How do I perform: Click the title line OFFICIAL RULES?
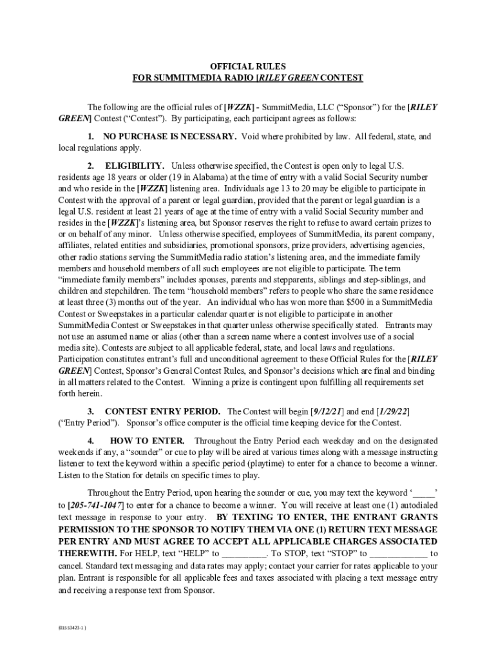248,66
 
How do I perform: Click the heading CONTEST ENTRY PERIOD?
162,411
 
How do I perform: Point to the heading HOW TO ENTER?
148,441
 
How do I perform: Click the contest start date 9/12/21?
328,411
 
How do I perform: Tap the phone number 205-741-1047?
95,504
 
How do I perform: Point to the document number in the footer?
72,626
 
